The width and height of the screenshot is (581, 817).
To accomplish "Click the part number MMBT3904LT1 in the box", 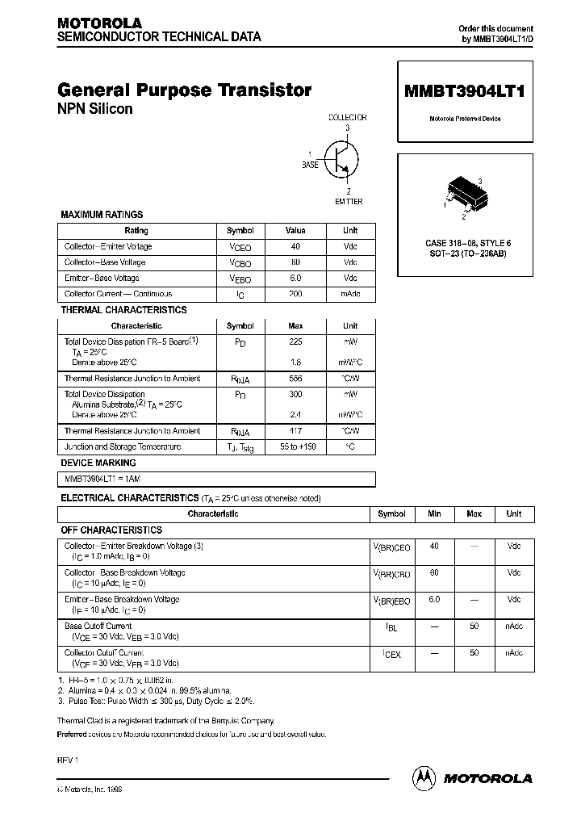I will (x=463, y=93).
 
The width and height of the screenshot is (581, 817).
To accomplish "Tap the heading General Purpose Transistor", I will (x=185, y=90).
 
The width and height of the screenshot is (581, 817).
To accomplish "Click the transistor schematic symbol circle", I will (x=341, y=159).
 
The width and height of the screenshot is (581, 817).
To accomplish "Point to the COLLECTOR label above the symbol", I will (x=347, y=118).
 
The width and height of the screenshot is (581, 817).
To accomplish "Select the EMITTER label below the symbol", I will (x=349, y=201).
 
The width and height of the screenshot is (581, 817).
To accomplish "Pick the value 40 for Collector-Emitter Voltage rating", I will (x=295, y=247).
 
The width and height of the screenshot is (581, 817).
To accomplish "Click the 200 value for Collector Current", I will (x=295, y=295).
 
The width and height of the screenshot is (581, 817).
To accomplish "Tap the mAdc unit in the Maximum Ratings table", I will (x=349, y=295).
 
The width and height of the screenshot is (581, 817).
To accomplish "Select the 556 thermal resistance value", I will (x=295, y=379).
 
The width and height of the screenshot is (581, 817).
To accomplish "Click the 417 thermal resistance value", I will (x=295, y=431).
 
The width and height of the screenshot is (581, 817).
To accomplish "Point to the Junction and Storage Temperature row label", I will (x=123, y=446).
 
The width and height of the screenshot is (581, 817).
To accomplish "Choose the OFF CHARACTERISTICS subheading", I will (x=111, y=530).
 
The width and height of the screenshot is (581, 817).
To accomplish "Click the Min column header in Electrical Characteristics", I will (x=434, y=513).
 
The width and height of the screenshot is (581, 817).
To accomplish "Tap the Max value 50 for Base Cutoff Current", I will (x=474, y=626).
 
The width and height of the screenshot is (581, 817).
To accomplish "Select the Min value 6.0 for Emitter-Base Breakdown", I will (x=434, y=600).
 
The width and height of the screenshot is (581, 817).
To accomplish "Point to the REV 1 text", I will (x=69, y=760).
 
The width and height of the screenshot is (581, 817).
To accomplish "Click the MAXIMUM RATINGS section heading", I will (x=102, y=215).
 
